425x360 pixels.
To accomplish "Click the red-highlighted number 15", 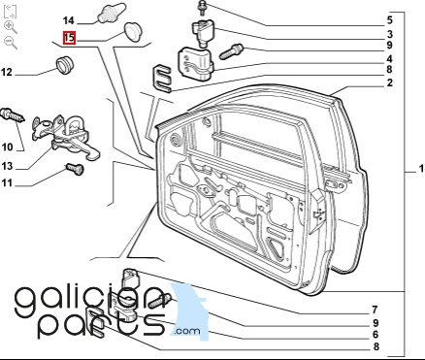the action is tap(69, 38).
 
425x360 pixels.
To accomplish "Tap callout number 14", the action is tap(69, 20).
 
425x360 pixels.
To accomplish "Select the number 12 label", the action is tap(7, 72).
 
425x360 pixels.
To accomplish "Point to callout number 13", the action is tap(7, 166).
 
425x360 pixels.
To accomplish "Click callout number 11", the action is tap(7, 183).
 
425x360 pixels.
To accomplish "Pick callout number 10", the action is tap(7, 147).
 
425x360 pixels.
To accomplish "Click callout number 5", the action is tap(390, 20).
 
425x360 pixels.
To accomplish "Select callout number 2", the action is tap(390, 82).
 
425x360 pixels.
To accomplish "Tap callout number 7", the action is tap(375, 310).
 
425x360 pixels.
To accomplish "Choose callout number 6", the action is tap(376, 335).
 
